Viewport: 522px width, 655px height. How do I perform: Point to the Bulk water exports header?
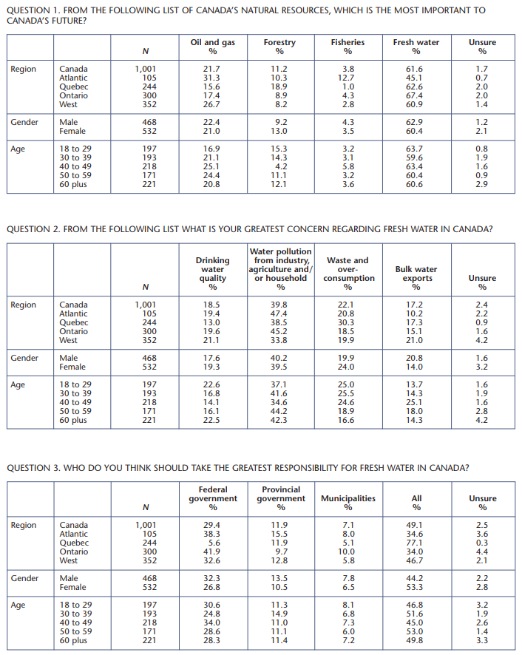[x=416, y=274]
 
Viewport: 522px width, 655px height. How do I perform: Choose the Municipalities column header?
[x=348, y=498]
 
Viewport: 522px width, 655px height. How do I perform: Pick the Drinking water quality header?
[x=213, y=269]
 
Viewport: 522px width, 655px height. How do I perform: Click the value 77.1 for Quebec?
[x=416, y=543]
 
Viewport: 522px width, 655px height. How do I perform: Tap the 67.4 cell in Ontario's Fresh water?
[x=416, y=95]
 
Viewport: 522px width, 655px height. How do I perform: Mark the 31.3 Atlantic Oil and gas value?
[x=212, y=78]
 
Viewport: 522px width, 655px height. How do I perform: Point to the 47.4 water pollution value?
[x=280, y=313]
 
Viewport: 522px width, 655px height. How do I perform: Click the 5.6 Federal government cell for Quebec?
[x=214, y=543]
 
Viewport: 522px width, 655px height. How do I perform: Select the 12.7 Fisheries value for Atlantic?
[x=348, y=78]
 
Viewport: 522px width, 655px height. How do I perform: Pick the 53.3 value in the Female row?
[x=416, y=587]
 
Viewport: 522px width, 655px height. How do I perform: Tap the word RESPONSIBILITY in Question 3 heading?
[x=244, y=467]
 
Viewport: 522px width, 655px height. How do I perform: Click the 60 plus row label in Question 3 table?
[x=73, y=640]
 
